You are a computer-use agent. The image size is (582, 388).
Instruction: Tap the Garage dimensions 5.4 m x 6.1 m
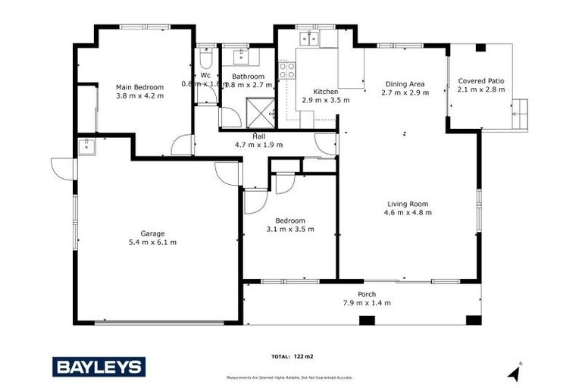[x=152, y=242]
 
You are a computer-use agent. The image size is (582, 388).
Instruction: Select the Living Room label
[x=408, y=203]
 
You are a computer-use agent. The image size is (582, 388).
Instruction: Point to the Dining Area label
[x=405, y=83]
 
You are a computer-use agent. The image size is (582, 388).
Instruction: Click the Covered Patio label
[x=481, y=80]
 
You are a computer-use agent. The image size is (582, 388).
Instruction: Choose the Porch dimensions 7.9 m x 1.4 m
[x=366, y=302]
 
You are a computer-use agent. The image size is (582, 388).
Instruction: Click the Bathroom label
[x=248, y=77]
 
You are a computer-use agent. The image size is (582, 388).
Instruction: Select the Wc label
[x=205, y=75]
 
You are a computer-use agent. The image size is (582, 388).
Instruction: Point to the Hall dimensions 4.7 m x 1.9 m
[x=258, y=144]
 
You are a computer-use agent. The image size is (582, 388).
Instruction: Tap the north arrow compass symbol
[x=515, y=371]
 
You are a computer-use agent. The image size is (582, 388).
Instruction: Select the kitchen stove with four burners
[x=287, y=70]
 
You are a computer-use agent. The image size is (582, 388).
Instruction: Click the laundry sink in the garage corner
[x=84, y=145]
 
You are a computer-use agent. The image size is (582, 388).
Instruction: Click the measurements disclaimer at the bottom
[x=289, y=377]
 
